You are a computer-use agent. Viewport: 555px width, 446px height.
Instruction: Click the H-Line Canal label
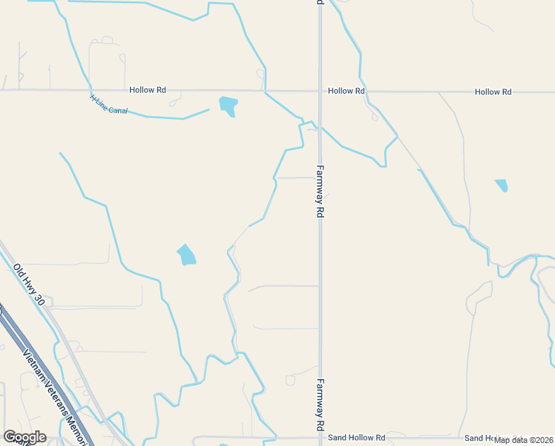pyautogui.click(x=108, y=105)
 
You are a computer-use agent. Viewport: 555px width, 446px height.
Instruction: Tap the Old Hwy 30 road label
pyautogui.click(x=33, y=283)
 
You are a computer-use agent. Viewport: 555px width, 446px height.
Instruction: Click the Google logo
pyautogui.click(x=24, y=437)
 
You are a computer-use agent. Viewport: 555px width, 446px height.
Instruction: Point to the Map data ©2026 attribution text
pyautogui.click(x=524, y=439)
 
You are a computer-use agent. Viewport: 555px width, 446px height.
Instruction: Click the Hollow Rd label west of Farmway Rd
pyautogui.click(x=147, y=90)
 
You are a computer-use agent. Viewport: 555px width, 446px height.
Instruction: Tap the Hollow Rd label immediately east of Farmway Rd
pyautogui.click(x=347, y=91)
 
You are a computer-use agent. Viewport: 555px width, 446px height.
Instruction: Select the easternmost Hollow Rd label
pyautogui.click(x=493, y=92)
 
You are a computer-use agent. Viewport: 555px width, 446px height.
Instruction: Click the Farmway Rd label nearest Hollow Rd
pyautogui.click(x=321, y=191)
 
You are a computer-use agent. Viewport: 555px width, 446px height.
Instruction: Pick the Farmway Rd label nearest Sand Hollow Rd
pyautogui.click(x=321, y=407)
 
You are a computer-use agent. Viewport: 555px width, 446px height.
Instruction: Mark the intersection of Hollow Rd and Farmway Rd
pyautogui.click(x=320, y=91)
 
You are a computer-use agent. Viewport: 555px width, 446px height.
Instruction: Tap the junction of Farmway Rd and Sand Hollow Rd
pyautogui.click(x=320, y=438)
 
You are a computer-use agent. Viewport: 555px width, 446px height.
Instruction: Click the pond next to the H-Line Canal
pyautogui.click(x=229, y=106)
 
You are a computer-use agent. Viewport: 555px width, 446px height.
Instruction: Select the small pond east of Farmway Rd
pyautogui.click(x=502, y=185)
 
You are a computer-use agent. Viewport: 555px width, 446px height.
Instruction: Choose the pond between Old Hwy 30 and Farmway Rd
pyautogui.click(x=186, y=255)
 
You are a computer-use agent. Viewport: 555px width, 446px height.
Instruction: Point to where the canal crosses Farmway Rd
pyautogui.click(x=320, y=126)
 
